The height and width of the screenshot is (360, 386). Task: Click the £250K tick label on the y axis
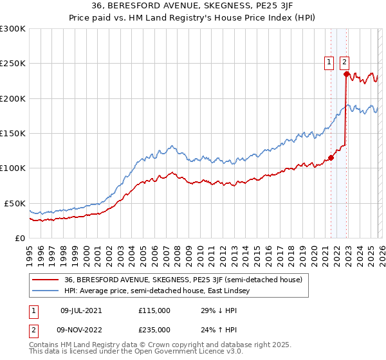click(x=12, y=64)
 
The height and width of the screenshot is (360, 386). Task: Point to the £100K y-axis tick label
click(x=12, y=168)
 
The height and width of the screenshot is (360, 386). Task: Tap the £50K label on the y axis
click(x=14, y=203)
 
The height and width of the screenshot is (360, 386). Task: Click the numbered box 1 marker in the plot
click(x=329, y=62)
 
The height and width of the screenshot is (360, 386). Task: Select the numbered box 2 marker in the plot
click(x=344, y=62)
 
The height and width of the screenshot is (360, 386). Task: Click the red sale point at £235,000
click(x=346, y=75)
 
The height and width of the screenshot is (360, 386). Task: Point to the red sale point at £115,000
click(x=331, y=157)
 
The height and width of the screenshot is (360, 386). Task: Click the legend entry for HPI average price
click(x=161, y=291)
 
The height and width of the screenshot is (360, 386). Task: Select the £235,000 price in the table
click(x=154, y=329)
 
